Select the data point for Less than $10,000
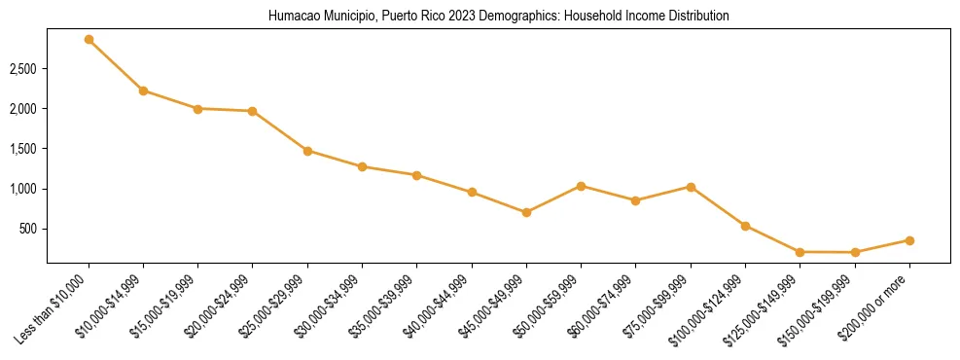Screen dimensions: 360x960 pyautogui.click(x=89, y=40)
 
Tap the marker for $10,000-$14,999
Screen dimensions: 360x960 pyautogui.click(x=143, y=90)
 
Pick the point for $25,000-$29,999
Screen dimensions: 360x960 pyautogui.click(x=307, y=151)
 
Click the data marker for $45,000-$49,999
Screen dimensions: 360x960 pyautogui.click(x=526, y=212)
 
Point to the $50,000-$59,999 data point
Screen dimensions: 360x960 pyautogui.click(x=581, y=186)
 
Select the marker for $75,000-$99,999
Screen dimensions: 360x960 pyautogui.click(x=691, y=187)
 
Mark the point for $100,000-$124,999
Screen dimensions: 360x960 pyautogui.click(x=745, y=226)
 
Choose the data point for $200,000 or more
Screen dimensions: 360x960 pyautogui.click(x=909, y=240)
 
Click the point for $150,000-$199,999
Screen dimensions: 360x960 pyautogui.click(x=855, y=253)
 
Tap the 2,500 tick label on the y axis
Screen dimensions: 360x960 pyautogui.click(x=23, y=69)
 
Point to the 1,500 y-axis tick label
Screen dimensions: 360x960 pyautogui.click(x=23, y=149)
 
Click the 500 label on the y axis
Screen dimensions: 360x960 pyautogui.click(x=29, y=229)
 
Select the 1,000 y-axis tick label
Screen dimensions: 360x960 pyautogui.click(x=23, y=189)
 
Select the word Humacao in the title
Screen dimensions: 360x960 pyautogui.click(x=289, y=17)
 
